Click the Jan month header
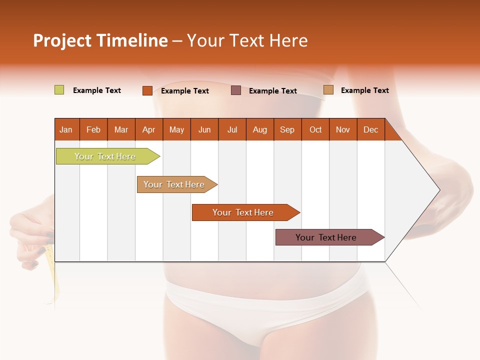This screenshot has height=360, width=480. tap(66, 129)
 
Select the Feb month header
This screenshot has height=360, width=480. tap(93, 129)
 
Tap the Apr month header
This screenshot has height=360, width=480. tap(149, 129)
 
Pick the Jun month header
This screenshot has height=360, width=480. tap(204, 129)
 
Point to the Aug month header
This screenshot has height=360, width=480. tap(260, 129)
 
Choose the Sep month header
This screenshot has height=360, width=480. tap(287, 129)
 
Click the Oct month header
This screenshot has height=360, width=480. tap(315, 129)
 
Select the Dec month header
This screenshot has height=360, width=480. tap(371, 129)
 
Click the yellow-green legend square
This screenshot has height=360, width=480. tap(59, 90)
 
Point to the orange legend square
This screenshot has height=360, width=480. tap(147, 90)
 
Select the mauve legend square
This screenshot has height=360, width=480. tap(236, 90)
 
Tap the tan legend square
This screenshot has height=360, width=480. tap(328, 90)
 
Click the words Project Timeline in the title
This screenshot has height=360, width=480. tap(100, 40)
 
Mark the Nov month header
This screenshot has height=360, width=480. tap(343, 129)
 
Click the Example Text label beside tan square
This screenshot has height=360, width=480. tap(364, 90)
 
